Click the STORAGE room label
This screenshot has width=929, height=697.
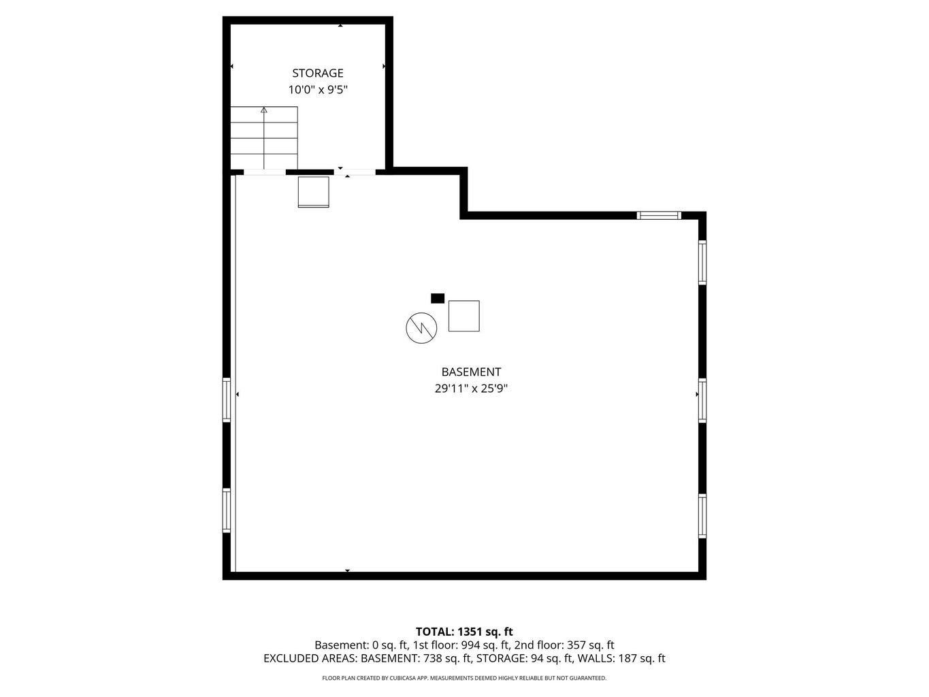tap(318, 73)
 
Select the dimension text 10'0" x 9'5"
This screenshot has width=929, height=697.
tap(318, 90)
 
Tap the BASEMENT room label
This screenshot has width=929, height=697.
tap(471, 372)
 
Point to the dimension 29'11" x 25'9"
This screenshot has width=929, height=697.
tap(471, 389)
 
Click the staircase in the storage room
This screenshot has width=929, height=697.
tap(264, 138)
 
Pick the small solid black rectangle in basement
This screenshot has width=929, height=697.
tap(438, 298)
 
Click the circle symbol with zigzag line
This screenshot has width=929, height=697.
tap(421, 328)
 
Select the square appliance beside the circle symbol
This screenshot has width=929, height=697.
tap(463, 316)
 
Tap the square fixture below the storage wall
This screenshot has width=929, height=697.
tap(313, 191)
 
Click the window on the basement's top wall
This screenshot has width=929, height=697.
tap(659, 215)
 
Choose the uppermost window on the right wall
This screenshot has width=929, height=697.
tap(702, 261)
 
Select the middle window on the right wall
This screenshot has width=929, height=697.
tap(702, 401)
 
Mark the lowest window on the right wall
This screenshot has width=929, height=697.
tap(702, 516)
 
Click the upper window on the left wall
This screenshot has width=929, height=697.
tap(227, 400)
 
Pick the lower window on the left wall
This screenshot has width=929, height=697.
tap(227, 510)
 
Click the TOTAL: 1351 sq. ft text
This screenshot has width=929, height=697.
tap(464, 632)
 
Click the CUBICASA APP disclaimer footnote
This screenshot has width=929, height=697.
tap(464, 678)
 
